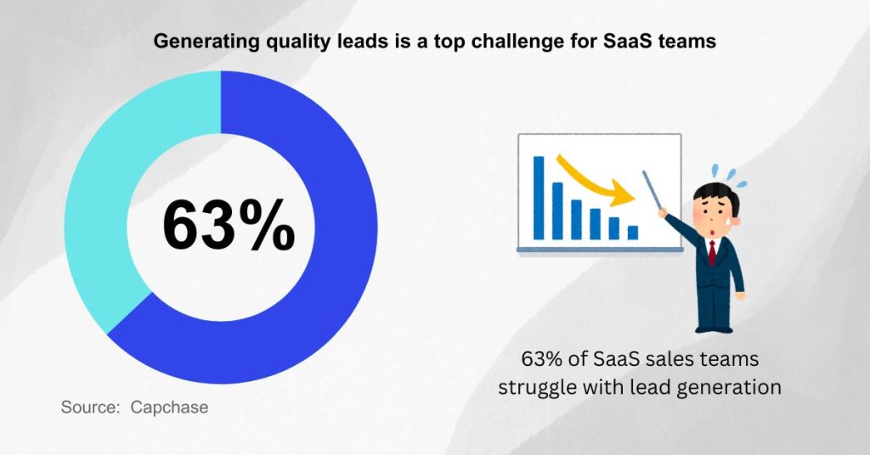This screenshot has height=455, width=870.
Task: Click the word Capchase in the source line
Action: click(x=169, y=407)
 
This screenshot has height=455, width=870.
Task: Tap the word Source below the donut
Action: click(x=89, y=407)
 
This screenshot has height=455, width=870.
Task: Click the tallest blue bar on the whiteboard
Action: click(x=538, y=197)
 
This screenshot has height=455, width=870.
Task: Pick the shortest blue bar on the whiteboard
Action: click(x=632, y=232)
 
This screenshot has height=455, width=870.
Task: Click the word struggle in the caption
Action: click(x=533, y=387)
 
